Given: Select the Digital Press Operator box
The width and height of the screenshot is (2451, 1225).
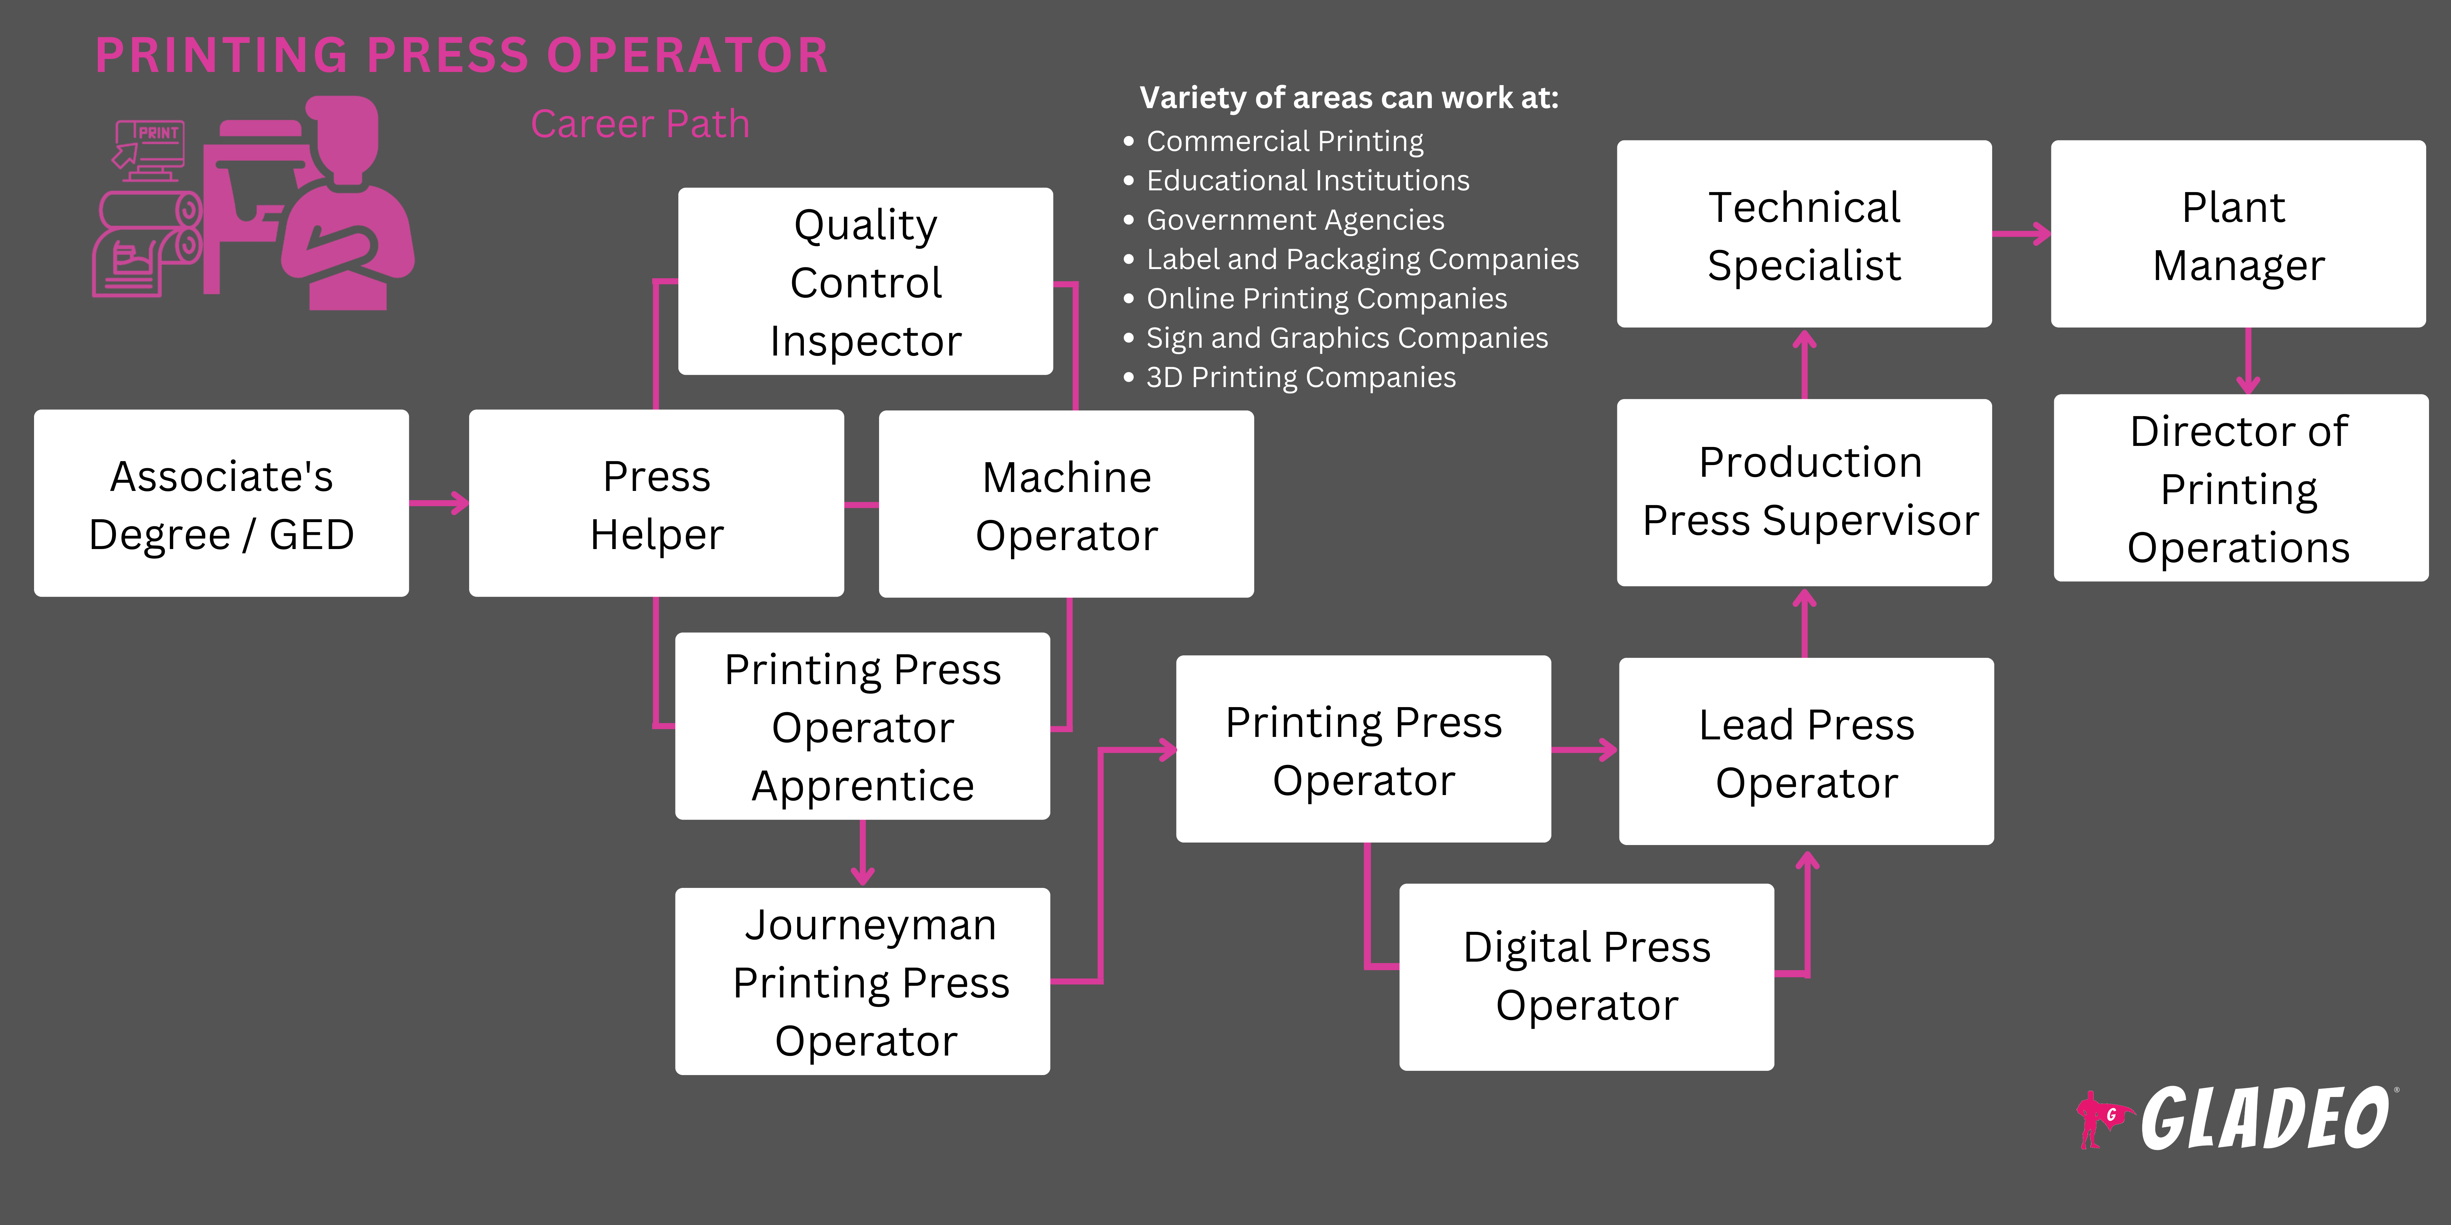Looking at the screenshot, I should pyautogui.click(x=1586, y=977).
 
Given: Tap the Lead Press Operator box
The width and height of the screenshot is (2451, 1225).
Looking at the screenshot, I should pyautogui.click(x=1806, y=751).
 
